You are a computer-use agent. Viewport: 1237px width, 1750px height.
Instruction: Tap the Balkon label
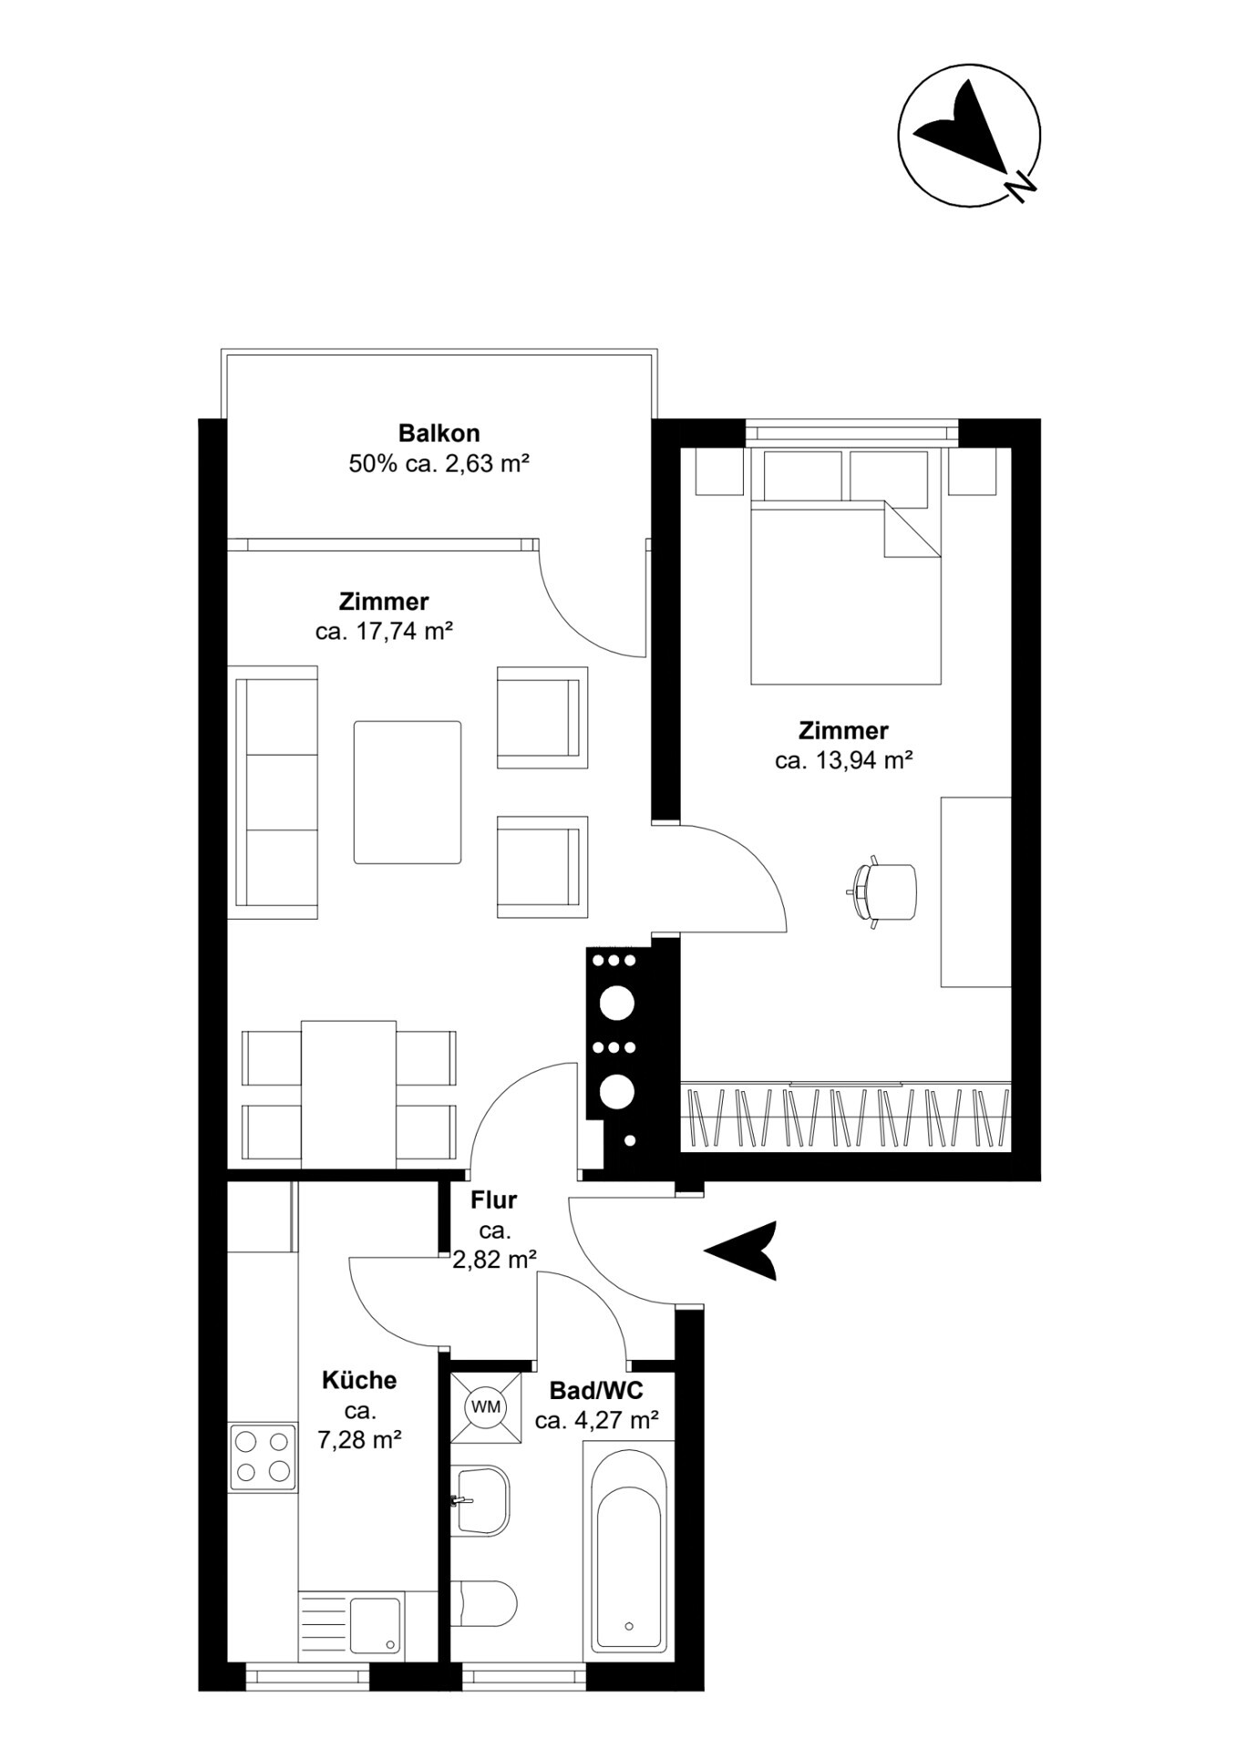[438, 433]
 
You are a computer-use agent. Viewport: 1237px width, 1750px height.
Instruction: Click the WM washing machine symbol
[486, 1406]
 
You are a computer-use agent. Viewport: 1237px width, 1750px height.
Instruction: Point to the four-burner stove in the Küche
[263, 1457]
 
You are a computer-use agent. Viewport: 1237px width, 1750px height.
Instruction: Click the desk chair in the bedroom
[883, 892]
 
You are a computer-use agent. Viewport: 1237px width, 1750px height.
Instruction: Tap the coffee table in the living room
[407, 792]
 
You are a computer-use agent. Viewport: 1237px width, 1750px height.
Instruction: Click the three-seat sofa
[276, 792]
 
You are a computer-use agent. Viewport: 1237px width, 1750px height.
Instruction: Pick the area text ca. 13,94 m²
[843, 760]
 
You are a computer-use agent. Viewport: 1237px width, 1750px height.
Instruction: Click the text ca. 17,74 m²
[384, 631]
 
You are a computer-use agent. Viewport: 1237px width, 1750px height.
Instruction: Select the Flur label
[493, 1200]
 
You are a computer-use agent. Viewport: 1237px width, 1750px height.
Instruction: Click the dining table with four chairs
[348, 1094]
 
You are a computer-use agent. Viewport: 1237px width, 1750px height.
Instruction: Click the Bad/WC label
[596, 1390]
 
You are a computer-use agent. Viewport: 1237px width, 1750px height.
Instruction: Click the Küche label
[359, 1380]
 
